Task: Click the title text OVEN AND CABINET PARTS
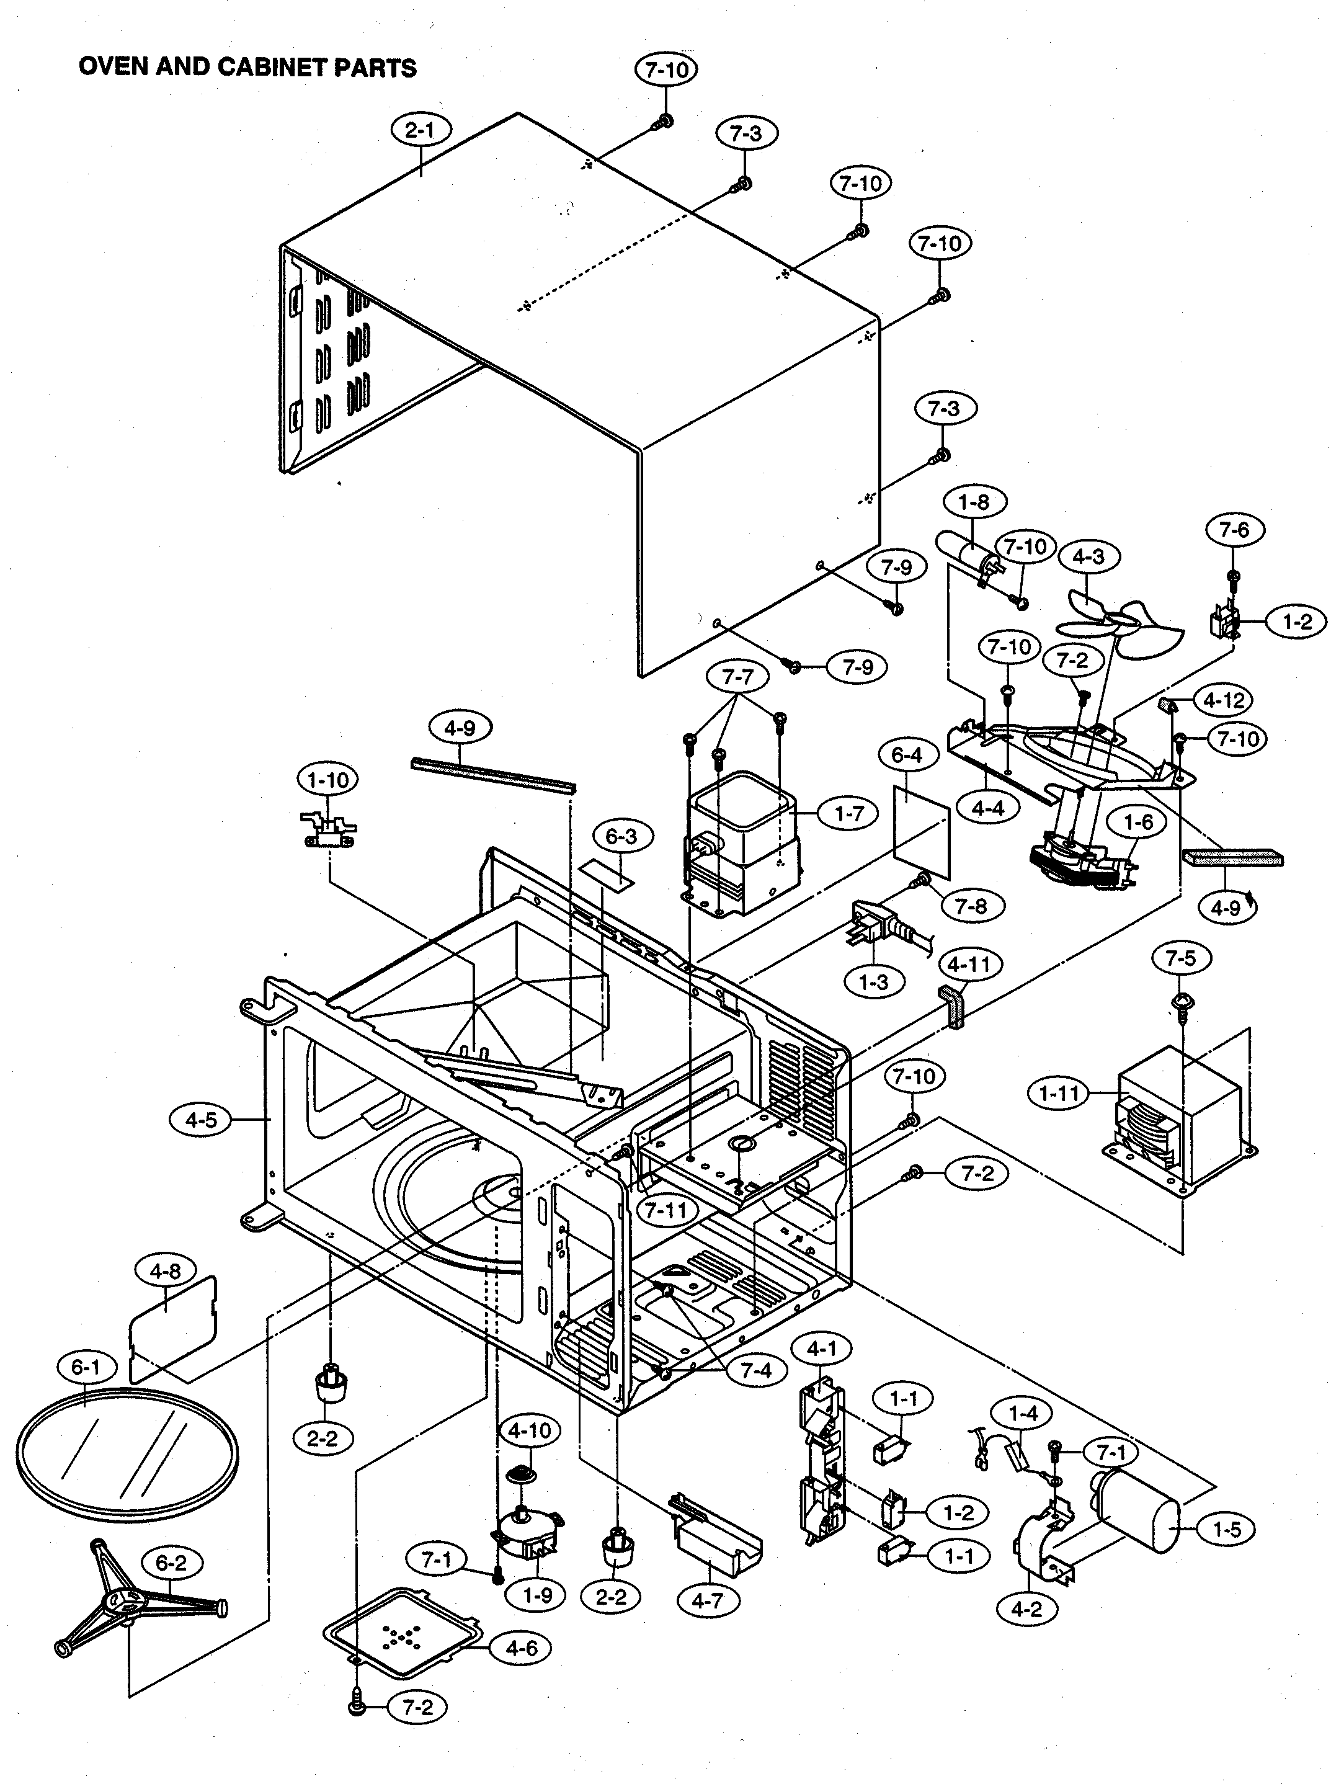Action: pyautogui.click(x=247, y=67)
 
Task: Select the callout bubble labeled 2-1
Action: pyautogui.click(x=421, y=130)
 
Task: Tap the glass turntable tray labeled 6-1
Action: pyautogui.click(x=127, y=1455)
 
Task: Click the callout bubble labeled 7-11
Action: pyautogui.click(x=665, y=1210)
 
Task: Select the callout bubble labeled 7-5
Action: pyautogui.click(x=1180, y=958)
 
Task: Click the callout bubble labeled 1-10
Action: pyautogui.click(x=328, y=779)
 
